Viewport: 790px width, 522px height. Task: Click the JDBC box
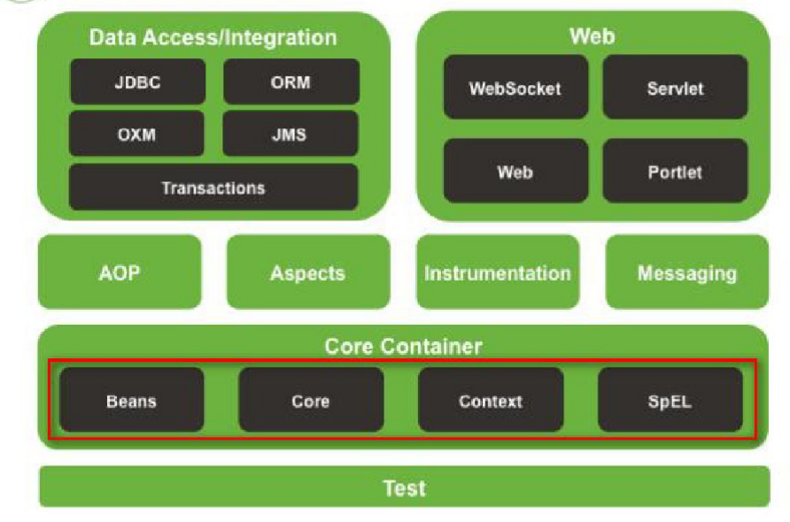137,81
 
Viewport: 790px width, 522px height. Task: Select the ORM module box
291,81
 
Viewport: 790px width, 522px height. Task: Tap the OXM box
136,134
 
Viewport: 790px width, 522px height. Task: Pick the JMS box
290,134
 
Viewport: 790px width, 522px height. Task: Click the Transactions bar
213,188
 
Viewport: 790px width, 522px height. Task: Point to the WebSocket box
515,87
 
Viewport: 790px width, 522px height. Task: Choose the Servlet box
675,87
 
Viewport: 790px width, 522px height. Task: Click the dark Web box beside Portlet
515,171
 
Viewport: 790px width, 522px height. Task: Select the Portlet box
675,171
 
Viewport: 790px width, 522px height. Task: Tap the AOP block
120,272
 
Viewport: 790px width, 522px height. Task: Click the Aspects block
308,272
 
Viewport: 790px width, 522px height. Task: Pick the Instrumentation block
498,272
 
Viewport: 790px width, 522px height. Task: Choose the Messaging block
687,272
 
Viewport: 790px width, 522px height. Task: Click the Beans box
131,400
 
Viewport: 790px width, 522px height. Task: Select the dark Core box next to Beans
311,400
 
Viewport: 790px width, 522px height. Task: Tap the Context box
491,400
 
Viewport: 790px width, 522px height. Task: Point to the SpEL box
670,400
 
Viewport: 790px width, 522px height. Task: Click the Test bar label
405,487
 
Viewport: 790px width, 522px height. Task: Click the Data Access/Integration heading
213,38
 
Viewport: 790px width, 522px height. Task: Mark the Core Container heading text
404,346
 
